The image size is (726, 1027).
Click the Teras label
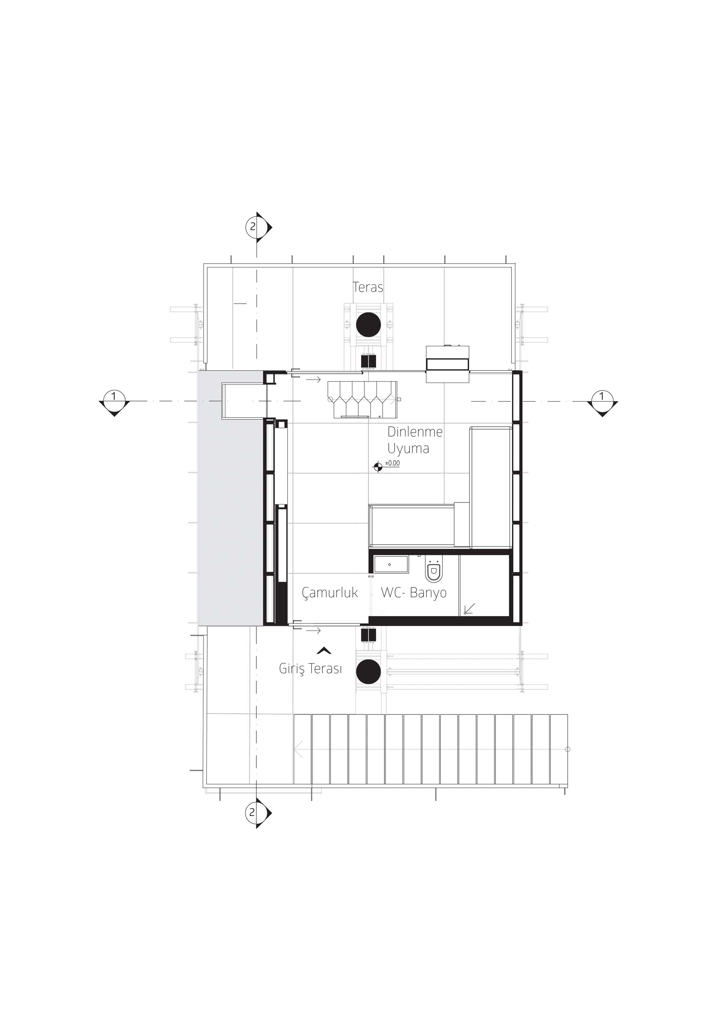click(368, 287)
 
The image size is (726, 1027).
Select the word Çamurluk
click(330, 593)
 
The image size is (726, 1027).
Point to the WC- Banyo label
click(414, 593)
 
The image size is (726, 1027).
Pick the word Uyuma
click(408, 448)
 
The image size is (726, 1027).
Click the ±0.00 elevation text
click(393, 463)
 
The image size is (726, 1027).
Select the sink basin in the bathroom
click(391, 565)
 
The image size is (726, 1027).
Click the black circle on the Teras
click(368, 324)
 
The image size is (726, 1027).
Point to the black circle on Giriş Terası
click(368, 672)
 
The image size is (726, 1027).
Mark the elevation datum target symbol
click(378, 467)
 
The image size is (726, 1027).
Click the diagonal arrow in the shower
click(469, 608)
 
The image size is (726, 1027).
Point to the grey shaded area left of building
click(231, 498)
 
